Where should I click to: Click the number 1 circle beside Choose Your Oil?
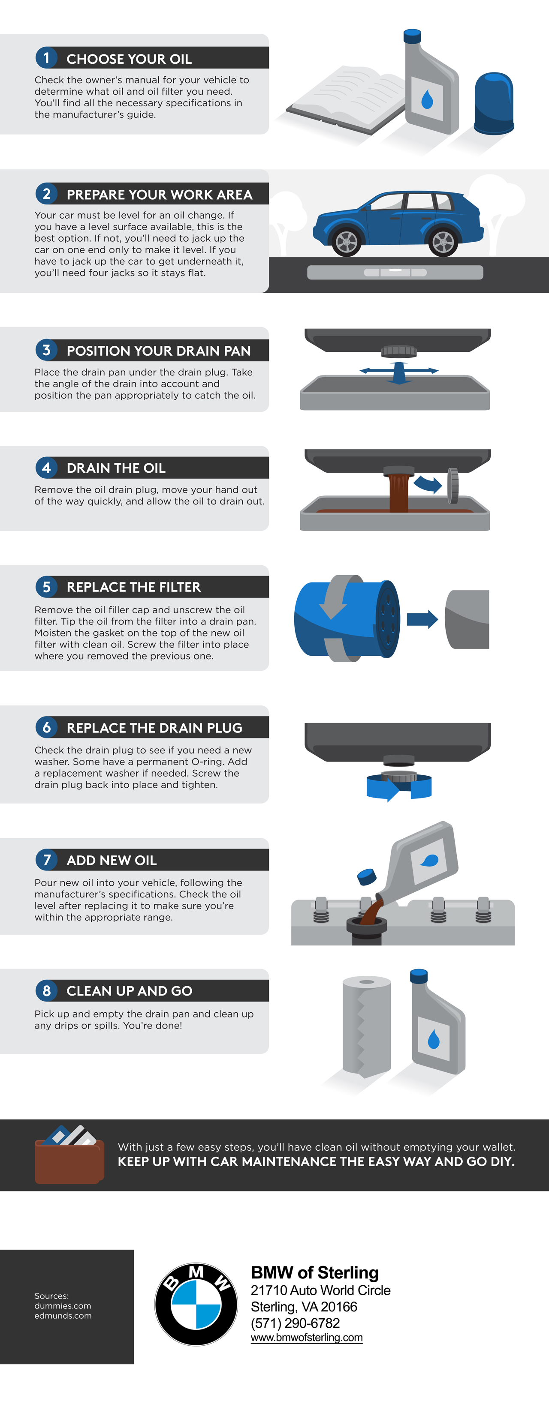(x=47, y=58)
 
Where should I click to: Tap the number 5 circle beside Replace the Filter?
(x=47, y=587)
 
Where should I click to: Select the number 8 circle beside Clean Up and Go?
(x=47, y=990)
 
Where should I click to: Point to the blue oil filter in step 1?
(x=494, y=103)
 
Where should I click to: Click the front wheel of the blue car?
(x=347, y=241)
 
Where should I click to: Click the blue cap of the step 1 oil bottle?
(x=412, y=36)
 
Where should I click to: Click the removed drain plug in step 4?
(x=453, y=486)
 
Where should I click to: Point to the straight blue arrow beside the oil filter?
(x=422, y=620)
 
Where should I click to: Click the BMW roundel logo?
(x=196, y=1304)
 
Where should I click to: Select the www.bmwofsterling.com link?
(x=306, y=1338)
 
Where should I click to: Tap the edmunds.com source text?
(x=63, y=1315)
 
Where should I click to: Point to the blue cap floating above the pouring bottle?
(x=367, y=876)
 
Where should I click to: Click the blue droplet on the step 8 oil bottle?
(x=434, y=1038)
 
